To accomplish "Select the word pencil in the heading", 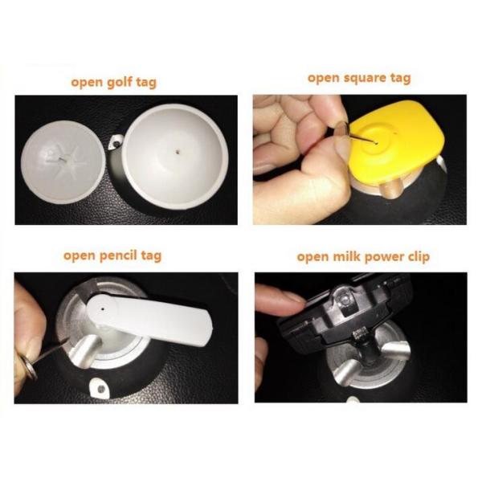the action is click(118, 255).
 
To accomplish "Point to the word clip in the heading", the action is click(419, 257).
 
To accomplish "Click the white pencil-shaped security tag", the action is click(149, 319).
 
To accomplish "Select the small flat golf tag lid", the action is click(63, 162).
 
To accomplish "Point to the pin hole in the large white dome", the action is click(178, 151).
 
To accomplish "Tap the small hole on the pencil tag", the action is click(102, 308).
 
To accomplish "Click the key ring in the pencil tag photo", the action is click(31, 367).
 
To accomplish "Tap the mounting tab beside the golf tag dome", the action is click(116, 142).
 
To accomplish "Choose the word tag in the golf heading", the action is click(147, 83).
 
